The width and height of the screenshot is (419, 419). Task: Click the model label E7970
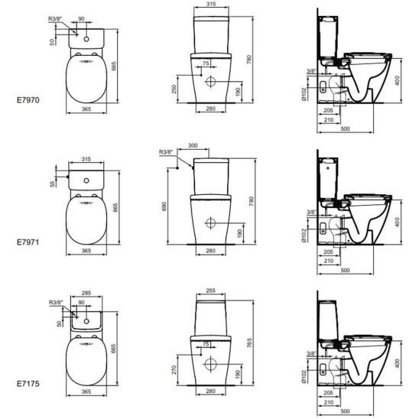[x=28, y=100]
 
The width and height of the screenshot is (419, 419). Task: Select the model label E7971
[x=28, y=242]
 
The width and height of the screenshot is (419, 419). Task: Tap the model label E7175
[x=28, y=384]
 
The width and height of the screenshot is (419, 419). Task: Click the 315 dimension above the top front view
[x=211, y=4]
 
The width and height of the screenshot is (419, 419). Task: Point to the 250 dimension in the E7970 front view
[x=174, y=89]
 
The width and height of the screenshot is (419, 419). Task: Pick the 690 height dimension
[x=164, y=206]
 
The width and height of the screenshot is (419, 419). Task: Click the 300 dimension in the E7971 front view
[x=193, y=145]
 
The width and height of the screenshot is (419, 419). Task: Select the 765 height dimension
[x=249, y=343]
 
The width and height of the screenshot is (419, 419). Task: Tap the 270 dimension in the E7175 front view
[x=174, y=370]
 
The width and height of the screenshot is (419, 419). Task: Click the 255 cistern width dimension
[x=211, y=291]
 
